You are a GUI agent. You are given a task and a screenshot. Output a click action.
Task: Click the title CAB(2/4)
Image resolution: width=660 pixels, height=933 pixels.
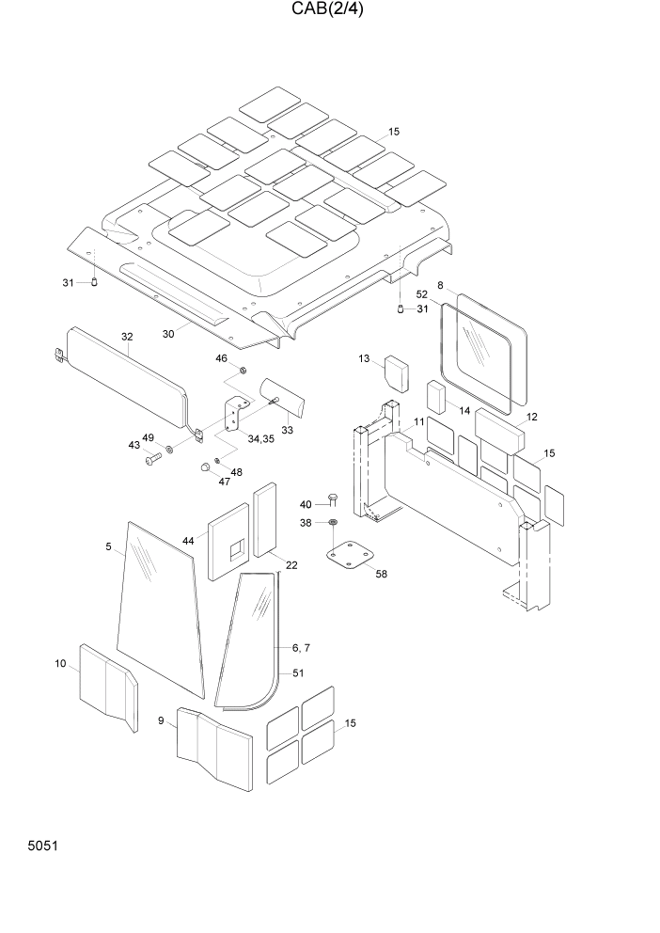tap(329, 10)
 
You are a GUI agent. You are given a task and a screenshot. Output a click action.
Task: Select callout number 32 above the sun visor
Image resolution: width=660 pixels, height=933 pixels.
tap(128, 337)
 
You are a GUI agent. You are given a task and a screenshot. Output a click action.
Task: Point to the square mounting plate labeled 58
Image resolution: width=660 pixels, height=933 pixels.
tap(349, 552)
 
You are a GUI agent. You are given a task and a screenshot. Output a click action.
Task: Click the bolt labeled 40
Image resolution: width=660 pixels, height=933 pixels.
tap(333, 499)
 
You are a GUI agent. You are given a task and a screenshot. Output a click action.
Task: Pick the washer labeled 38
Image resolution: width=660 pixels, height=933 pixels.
tap(333, 522)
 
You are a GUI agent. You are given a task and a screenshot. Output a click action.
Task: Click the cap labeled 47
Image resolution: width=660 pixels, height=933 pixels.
tap(204, 467)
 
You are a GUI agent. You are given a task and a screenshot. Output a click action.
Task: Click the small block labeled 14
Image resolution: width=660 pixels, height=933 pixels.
tap(436, 398)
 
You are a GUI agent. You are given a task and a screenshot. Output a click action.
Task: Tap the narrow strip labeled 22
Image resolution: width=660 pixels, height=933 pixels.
tap(265, 519)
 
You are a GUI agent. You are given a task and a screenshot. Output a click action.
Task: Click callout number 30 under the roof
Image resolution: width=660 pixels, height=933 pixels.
tap(169, 333)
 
